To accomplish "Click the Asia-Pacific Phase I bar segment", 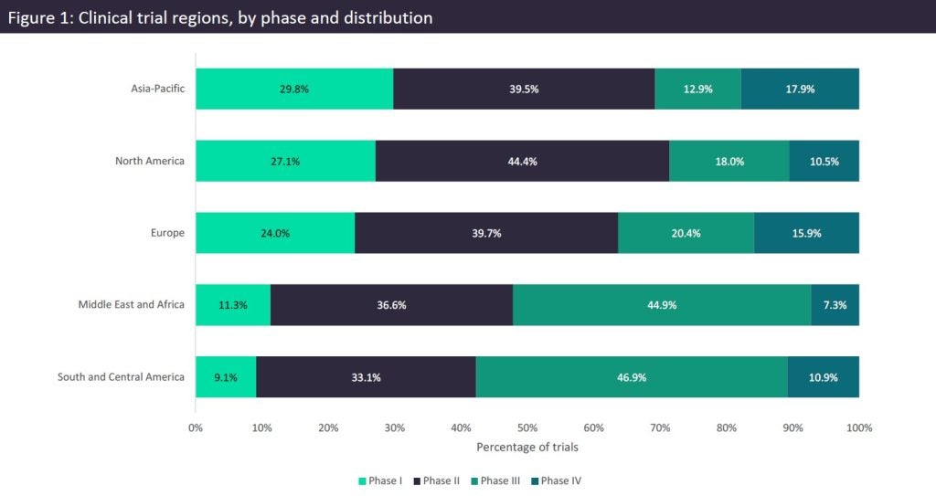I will (294, 89).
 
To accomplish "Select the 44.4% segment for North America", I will (522, 161).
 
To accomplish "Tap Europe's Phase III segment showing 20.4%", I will (686, 233).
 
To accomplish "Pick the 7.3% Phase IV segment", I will (835, 305).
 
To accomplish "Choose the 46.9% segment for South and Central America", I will (632, 376).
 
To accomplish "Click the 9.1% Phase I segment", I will (226, 376).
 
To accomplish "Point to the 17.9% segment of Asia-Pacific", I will (800, 89).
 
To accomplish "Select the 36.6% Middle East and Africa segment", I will (391, 305).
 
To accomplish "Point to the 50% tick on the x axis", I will (527, 427).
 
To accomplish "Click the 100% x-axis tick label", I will (859, 427).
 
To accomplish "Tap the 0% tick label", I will (196, 427).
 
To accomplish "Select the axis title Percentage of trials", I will (526, 448).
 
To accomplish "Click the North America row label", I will (150, 161).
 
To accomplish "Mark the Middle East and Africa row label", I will (131, 305).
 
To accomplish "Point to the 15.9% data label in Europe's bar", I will (806, 233).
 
